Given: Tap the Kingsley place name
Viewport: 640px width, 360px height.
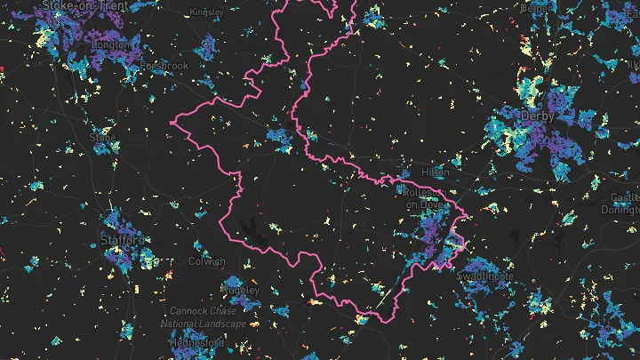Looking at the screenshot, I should click(x=206, y=12).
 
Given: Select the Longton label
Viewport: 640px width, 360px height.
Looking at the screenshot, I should click(x=111, y=44).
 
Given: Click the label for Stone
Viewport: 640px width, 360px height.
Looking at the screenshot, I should click(x=103, y=138).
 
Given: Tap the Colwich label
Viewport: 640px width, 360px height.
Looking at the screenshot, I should click(x=206, y=261).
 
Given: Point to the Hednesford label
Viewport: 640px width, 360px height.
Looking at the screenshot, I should click(x=196, y=341).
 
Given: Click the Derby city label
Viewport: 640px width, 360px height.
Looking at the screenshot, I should click(x=538, y=116).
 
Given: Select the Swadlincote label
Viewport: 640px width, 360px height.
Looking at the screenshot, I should click(x=484, y=276).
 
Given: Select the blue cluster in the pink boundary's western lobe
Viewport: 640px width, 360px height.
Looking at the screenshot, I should click(x=278, y=138).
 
